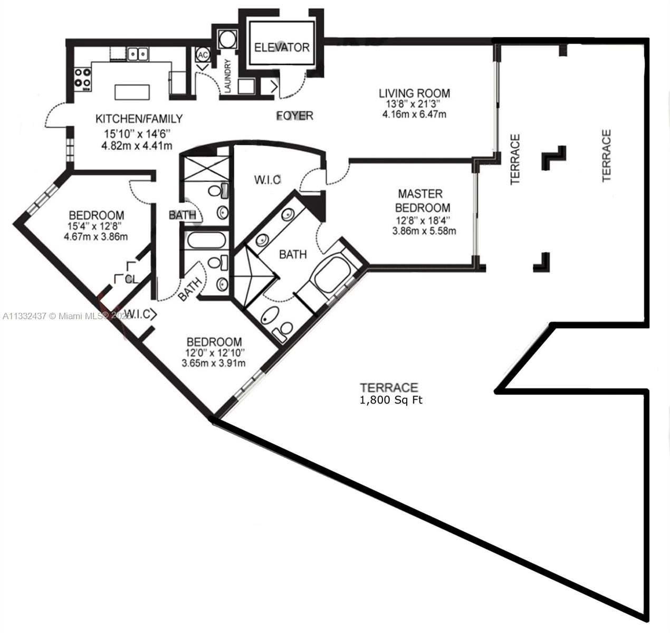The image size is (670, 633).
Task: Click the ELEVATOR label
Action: pyautogui.click(x=282, y=47)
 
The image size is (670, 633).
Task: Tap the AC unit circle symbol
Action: pyautogui.click(x=203, y=55)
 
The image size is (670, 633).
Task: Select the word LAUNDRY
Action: pyautogui.click(x=228, y=76)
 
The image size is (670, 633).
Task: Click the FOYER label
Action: pyautogui.click(x=295, y=116)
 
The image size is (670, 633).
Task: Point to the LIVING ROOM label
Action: pyautogui.click(x=414, y=93)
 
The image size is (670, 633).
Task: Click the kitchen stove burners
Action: pyautogui.click(x=83, y=78)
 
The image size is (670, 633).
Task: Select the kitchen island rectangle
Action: pyautogui.click(x=132, y=92)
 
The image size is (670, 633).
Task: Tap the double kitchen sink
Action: pyautogui.click(x=138, y=54)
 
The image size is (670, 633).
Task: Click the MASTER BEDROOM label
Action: pyautogui.click(x=423, y=200)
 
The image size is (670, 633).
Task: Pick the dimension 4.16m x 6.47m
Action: pyautogui.click(x=414, y=114)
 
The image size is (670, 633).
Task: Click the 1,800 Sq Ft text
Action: pyautogui.click(x=391, y=400)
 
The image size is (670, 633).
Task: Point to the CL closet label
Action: pyautogui.click(x=131, y=279)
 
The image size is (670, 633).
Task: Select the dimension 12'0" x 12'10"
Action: pyautogui.click(x=215, y=353)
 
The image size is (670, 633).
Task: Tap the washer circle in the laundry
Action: pyautogui.click(x=225, y=39)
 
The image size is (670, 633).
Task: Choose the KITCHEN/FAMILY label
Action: pyautogui.click(x=139, y=119)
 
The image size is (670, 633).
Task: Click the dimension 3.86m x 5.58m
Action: pyautogui.click(x=424, y=231)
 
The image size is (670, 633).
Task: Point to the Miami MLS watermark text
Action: pyautogui.click(x=67, y=316)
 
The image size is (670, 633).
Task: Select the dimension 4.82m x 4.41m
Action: pyautogui.click(x=137, y=146)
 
